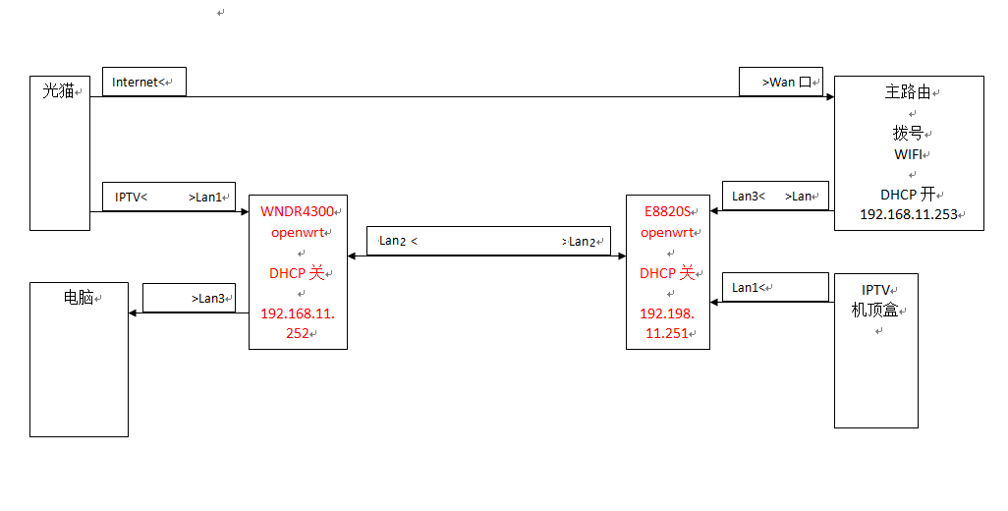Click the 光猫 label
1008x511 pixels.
[59, 90]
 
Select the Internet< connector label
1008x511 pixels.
[135, 83]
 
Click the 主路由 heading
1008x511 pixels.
[908, 92]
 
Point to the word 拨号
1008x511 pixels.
[908, 133]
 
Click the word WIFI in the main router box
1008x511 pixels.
[908, 154]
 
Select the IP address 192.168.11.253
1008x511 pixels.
[909, 214]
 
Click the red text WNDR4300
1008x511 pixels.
[297, 211]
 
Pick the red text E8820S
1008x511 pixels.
[667, 211]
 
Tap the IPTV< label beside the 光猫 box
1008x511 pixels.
[131, 198]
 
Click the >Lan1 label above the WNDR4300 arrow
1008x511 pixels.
[204, 198]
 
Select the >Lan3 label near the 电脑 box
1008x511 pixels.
[207, 299]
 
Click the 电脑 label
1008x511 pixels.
[79, 297]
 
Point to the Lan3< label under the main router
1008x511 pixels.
[749, 196]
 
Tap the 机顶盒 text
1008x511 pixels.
[874, 311]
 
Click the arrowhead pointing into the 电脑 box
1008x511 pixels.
[133, 313]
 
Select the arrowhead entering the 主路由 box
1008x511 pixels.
[830, 97]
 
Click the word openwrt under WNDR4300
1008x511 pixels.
[297, 233]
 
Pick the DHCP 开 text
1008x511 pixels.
[907, 195]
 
